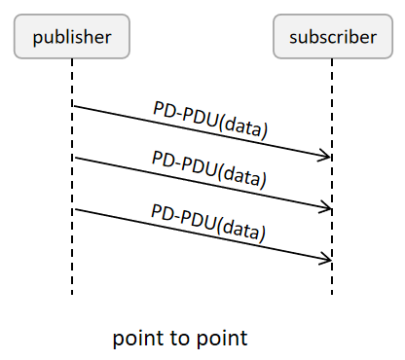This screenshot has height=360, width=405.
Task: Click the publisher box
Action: coord(72,38)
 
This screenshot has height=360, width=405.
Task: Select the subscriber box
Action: coord(332,38)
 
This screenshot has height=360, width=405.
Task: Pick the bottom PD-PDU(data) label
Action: coord(210,221)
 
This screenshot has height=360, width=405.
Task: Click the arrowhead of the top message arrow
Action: coord(328,156)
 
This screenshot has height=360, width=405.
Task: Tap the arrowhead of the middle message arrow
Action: coord(328,207)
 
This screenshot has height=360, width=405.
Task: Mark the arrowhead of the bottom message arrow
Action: coord(328,259)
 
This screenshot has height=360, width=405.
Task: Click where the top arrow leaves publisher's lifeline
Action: coord(73,106)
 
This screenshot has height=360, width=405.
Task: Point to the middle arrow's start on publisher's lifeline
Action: coord(73,158)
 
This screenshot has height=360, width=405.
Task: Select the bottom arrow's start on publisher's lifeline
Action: coord(73,209)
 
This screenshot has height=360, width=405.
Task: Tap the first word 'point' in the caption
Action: coord(139,339)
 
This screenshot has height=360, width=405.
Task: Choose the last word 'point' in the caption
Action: coord(222,339)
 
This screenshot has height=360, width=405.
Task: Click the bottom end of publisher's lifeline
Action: coord(72,293)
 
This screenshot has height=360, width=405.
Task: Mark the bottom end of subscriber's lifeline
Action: coord(332,293)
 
